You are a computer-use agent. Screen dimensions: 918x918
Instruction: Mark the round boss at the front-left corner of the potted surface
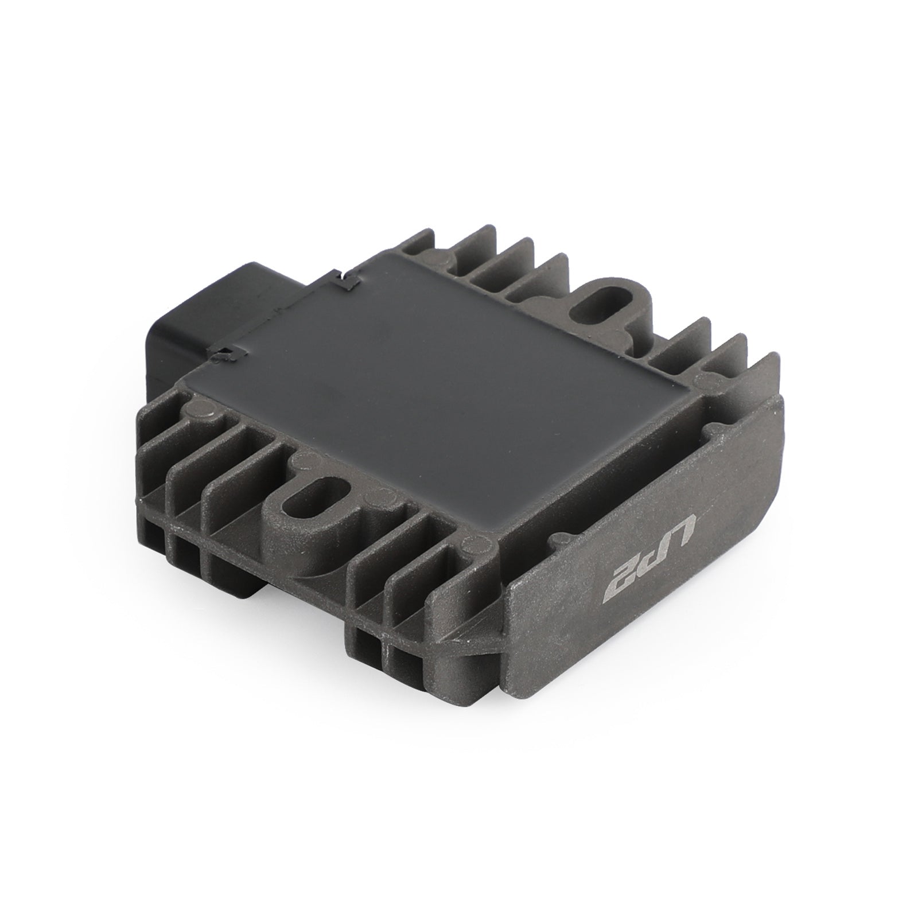198,409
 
